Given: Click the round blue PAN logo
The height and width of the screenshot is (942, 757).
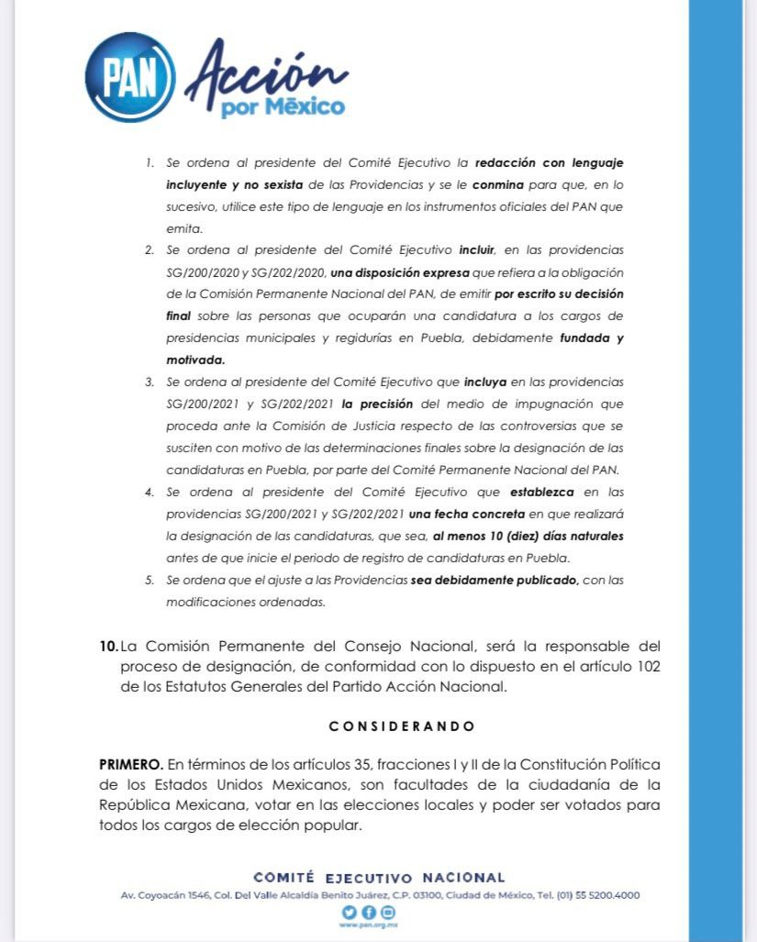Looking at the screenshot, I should tap(130, 77).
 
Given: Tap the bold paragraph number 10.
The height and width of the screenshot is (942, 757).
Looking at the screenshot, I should tap(107, 647).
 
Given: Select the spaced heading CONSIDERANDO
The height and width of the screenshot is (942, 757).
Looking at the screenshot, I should tap(403, 726).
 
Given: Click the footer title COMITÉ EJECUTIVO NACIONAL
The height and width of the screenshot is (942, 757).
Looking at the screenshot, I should tap(379, 878).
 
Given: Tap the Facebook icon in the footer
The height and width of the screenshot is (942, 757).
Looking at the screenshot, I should tap(368, 912).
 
